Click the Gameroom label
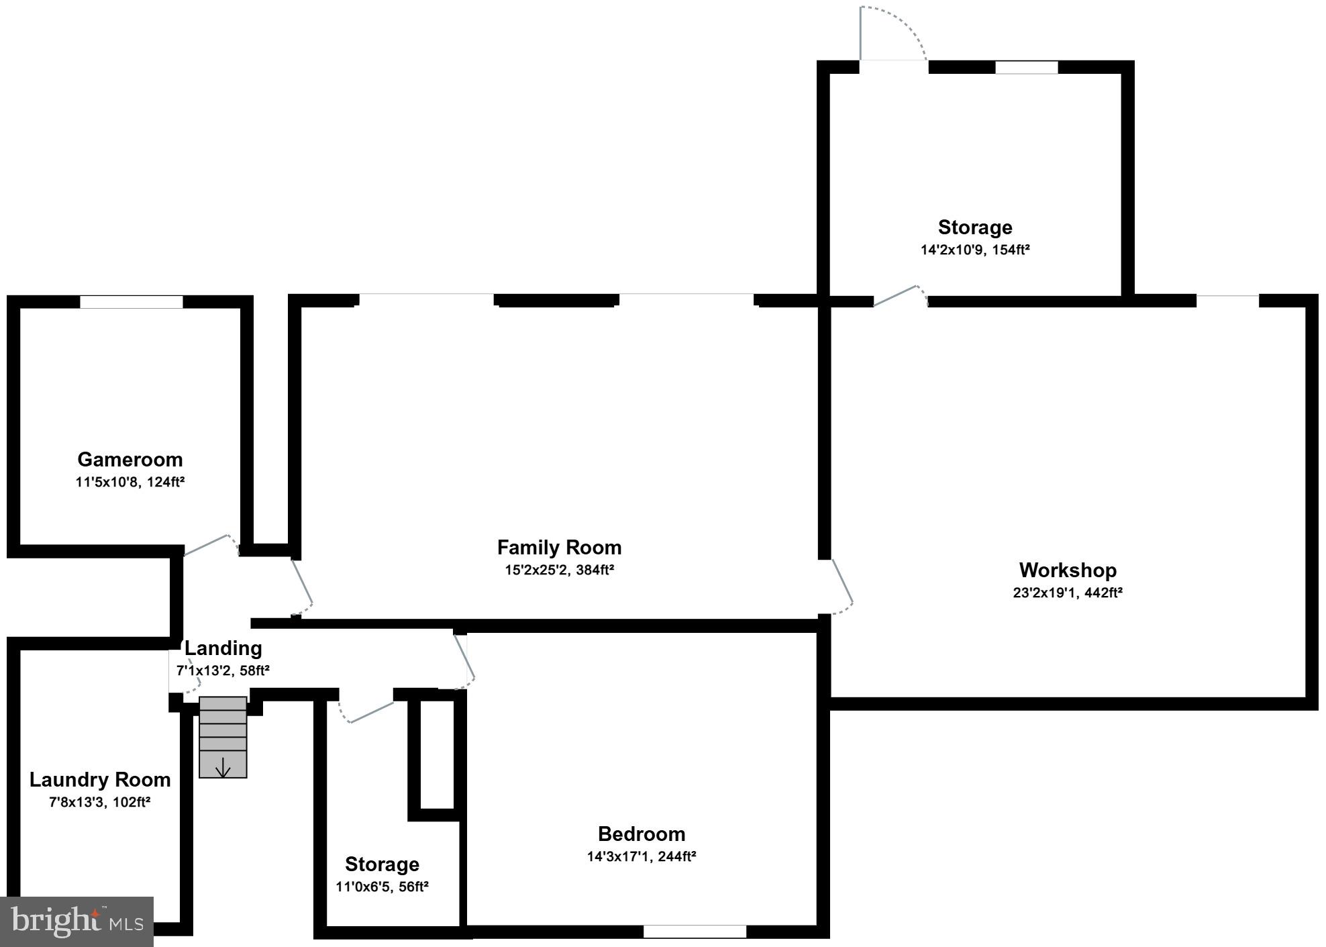(130, 460)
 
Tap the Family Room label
(559, 548)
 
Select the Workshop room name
(1068, 570)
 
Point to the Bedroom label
(642, 834)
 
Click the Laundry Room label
(100, 780)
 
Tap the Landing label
(223, 648)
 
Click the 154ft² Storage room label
(975, 228)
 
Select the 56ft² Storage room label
(382, 864)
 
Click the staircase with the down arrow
(223, 737)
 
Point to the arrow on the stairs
(223, 768)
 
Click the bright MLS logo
(77, 921)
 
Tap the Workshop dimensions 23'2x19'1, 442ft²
(1068, 593)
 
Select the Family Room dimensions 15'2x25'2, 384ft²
(559, 570)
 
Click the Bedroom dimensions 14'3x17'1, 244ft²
(642, 856)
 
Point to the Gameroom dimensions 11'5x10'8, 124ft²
(130, 482)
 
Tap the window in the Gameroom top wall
(132, 302)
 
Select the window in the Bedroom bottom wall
(695, 932)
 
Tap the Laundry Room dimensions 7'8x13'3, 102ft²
(100, 802)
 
